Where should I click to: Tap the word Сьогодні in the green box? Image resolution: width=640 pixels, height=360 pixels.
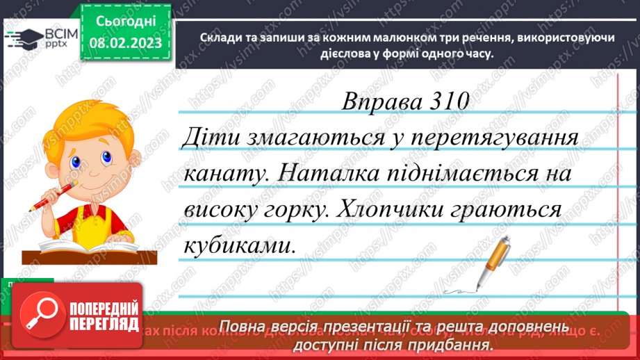125,22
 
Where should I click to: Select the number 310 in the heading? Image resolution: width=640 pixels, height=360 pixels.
445,101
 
